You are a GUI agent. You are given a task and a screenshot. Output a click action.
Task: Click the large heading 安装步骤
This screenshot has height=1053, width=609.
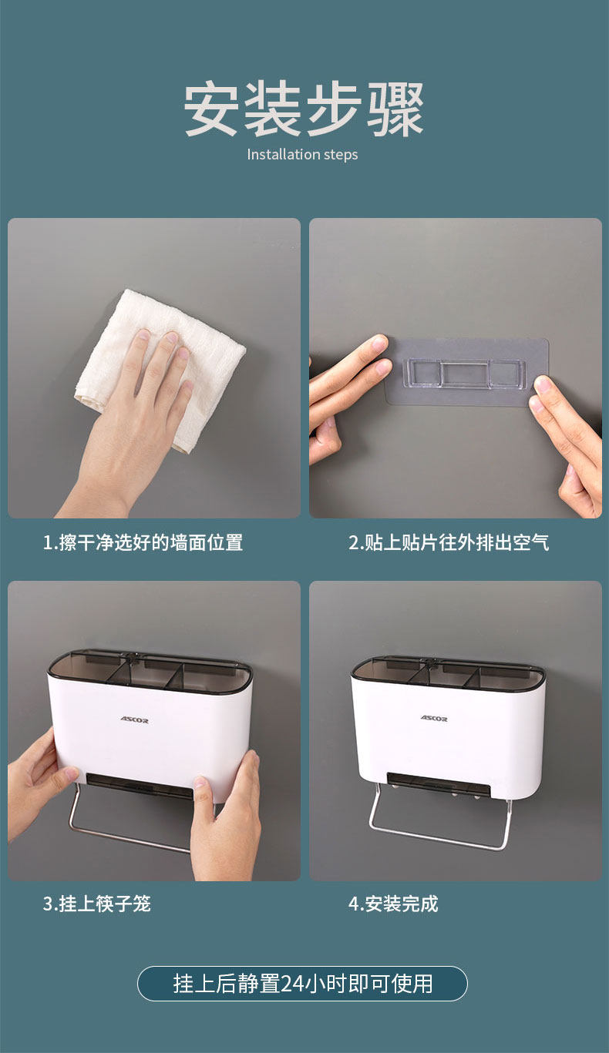[x=304, y=109]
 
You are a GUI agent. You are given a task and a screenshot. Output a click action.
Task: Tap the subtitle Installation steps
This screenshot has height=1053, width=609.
[x=302, y=155]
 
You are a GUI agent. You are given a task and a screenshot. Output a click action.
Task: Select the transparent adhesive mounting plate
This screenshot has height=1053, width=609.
[x=467, y=372]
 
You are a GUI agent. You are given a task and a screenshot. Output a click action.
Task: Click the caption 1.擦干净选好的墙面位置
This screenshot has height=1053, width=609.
[x=143, y=542]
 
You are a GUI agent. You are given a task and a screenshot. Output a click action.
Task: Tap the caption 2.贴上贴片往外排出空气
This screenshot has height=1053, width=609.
[x=449, y=542]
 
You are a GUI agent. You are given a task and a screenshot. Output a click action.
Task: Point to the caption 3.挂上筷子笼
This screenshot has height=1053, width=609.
[x=97, y=904]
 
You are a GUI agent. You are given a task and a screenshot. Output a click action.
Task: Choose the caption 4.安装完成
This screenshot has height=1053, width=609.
[x=393, y=904]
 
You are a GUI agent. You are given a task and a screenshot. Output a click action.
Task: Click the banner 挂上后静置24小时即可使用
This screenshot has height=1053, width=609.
[x=302, y=984]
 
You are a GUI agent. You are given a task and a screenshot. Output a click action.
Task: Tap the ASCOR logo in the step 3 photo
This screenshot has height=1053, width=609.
[x=134, y=719]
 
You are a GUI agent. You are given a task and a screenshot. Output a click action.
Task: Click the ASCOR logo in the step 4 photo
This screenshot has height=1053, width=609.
[x=434, y=718]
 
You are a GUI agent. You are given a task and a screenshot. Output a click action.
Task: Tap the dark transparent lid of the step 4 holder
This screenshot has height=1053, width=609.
[x=448, y=672]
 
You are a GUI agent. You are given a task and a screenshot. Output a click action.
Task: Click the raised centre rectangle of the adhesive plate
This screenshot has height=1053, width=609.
[x=464, y=374]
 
